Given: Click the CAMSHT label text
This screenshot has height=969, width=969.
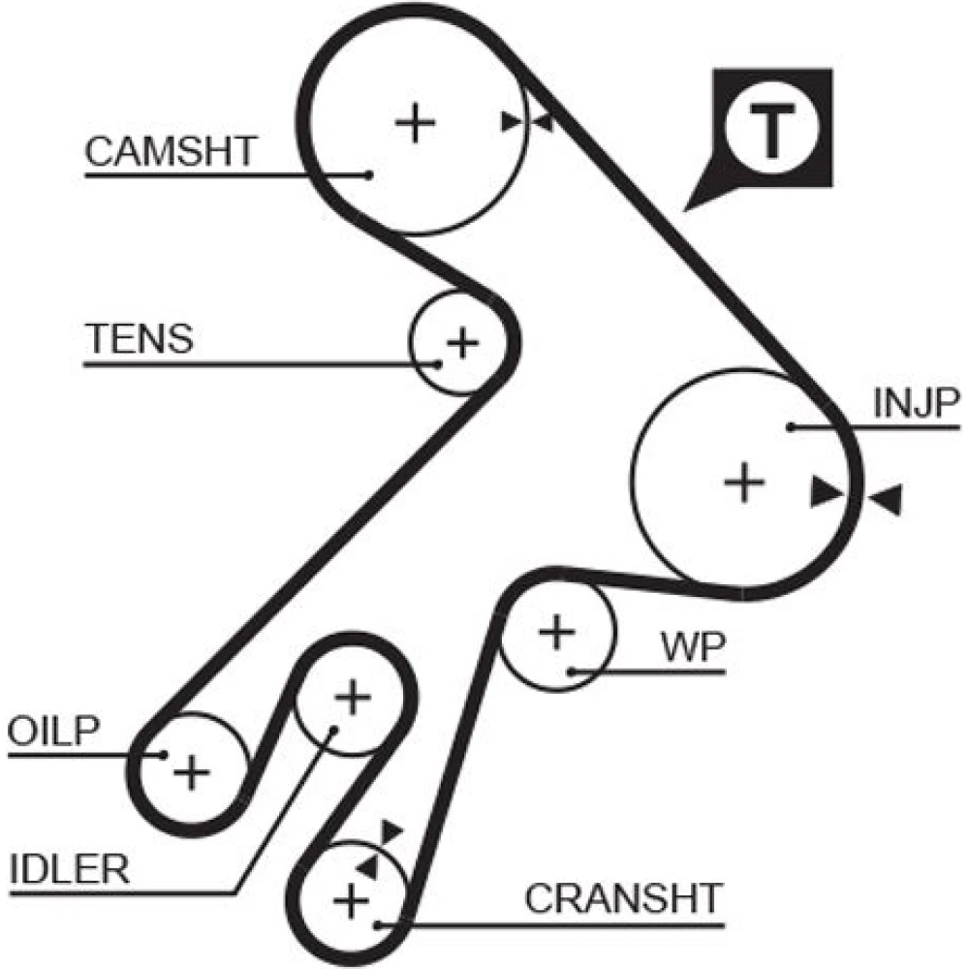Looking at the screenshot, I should click(171, 151).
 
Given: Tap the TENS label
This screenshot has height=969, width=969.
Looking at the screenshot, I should click(139, 339).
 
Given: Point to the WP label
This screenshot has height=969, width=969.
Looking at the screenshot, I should click(693, 646).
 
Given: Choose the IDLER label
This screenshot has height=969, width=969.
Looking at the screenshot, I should click(69, 869).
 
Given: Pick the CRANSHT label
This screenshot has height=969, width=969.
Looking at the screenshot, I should click(624, 898).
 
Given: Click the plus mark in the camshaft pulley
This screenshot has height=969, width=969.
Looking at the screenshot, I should click(416, 123).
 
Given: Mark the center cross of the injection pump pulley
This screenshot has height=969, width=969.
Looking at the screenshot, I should click(744, 482).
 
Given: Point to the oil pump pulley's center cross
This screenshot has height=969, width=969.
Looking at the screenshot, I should click(191, 771).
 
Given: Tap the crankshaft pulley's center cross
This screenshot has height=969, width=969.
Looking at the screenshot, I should click(349, 901).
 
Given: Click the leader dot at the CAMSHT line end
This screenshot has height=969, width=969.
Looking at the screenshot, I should click(369, 174).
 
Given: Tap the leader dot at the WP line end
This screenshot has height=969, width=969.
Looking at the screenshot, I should click(573, 671).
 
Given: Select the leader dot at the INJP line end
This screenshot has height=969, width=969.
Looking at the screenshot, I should click(791, 426).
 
